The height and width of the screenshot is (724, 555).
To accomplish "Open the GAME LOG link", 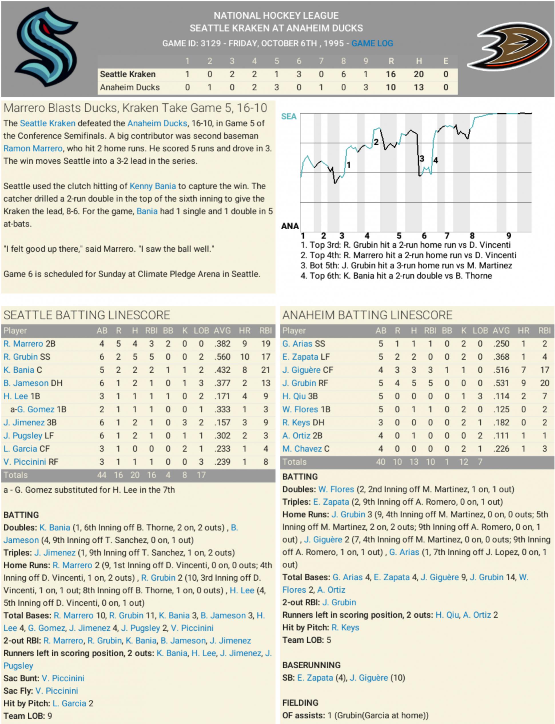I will pyautogui.click(x=372, y=43).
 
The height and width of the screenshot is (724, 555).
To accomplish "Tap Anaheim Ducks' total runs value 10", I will pyautogui.click(x=391, y=87).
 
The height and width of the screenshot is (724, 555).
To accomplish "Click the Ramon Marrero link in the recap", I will pyautogui.click(x=33, y=149).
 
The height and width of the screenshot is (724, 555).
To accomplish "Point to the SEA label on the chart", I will pyautogui.click(x=289, y=117).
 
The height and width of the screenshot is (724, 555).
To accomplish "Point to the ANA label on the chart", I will pyautogui.click(x=290, y=226).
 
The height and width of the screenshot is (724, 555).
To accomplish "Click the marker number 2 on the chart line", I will pyautogui.click(x=376, y=142).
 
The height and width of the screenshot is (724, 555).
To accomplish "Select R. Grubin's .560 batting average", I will pyautogui.click(x=222, y=357).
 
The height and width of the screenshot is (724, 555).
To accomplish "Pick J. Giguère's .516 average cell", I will pyautogui.click(x=501, y=370).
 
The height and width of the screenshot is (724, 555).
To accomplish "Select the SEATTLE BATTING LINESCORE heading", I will pyautogui.click(x=87, y=315).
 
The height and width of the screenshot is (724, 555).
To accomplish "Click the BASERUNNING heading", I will pyautogui.click(x=311, y=665).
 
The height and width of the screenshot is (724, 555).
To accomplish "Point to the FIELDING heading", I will pyautogui.click(x=300, y=703).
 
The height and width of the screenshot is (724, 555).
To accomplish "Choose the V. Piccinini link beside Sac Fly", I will pyautogui.click(x=57, y=691).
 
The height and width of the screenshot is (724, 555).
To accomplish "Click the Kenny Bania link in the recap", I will pyautogui.click(x=153, y=186).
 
